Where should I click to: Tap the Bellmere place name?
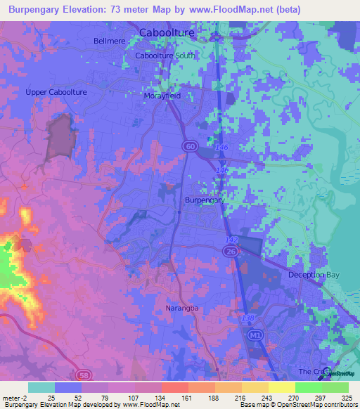(x=109, y=41)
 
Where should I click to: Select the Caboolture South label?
(x=166, y=55)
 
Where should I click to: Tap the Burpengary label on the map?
(x=205, y=200)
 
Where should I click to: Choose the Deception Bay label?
(x=314, y=275)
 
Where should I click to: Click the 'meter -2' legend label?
(x=15, y=398)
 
